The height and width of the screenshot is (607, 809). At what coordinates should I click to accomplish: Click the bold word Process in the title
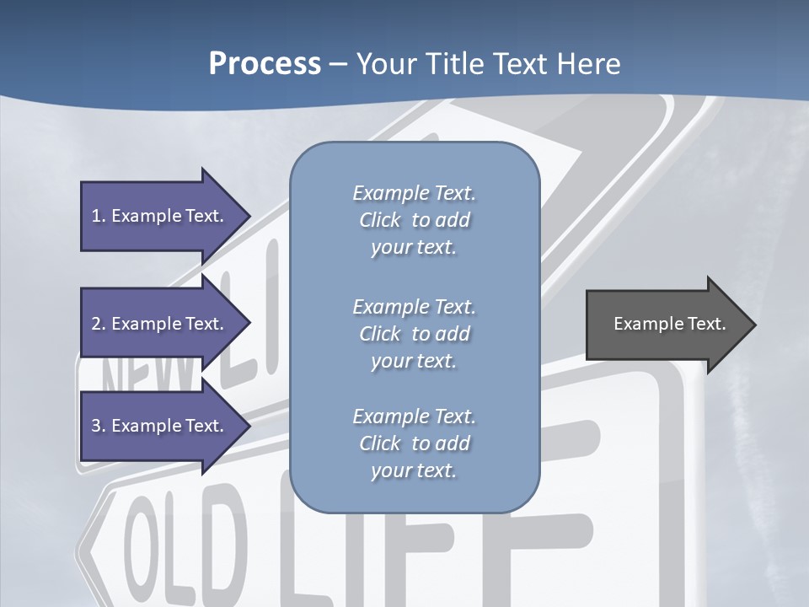pyautogui.click(x=265, y=64)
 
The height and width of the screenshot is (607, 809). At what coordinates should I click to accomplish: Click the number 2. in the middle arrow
pyautogui.click(x=98, y=324)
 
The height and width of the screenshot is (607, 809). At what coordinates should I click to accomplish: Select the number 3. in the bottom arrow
pyautogui.click(x=98, y=426)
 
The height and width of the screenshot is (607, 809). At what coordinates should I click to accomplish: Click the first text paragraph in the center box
pyautogui.click(x=414, y=220)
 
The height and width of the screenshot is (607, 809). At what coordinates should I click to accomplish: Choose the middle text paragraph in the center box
pyautogui.click(x=414, y=333)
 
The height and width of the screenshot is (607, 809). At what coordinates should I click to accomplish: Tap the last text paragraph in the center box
pyautogui.click(x=414, y=443)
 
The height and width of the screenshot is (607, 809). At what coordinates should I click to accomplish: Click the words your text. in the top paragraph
pyautogui.click(x=414, y=248)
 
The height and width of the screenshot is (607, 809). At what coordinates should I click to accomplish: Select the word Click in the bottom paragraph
pyautogui.click(x=380, y=443)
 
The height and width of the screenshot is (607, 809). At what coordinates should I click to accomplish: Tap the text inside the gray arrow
pyautogui.click(x=669, y=324)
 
